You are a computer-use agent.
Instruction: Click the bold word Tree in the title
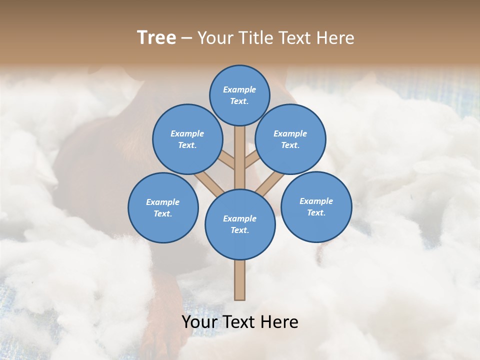(156, 37)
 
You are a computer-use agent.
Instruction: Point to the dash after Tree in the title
(186, 38)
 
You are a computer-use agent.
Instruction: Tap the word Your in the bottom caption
(199, 322)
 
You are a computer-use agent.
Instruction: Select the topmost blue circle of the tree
(239, 95)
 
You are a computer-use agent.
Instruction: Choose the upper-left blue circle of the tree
(187, 139)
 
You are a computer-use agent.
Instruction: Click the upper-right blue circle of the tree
(290, 139)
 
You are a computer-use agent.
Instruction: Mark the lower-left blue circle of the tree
(163, 207)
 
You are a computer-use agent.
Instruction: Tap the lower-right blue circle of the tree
(316, 206)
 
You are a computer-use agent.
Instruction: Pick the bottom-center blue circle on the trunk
(240, 224)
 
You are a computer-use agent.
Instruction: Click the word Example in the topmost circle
(239, 89)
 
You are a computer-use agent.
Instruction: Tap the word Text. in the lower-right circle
(316, 212)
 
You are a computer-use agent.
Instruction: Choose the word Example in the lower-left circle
(163, 202)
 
